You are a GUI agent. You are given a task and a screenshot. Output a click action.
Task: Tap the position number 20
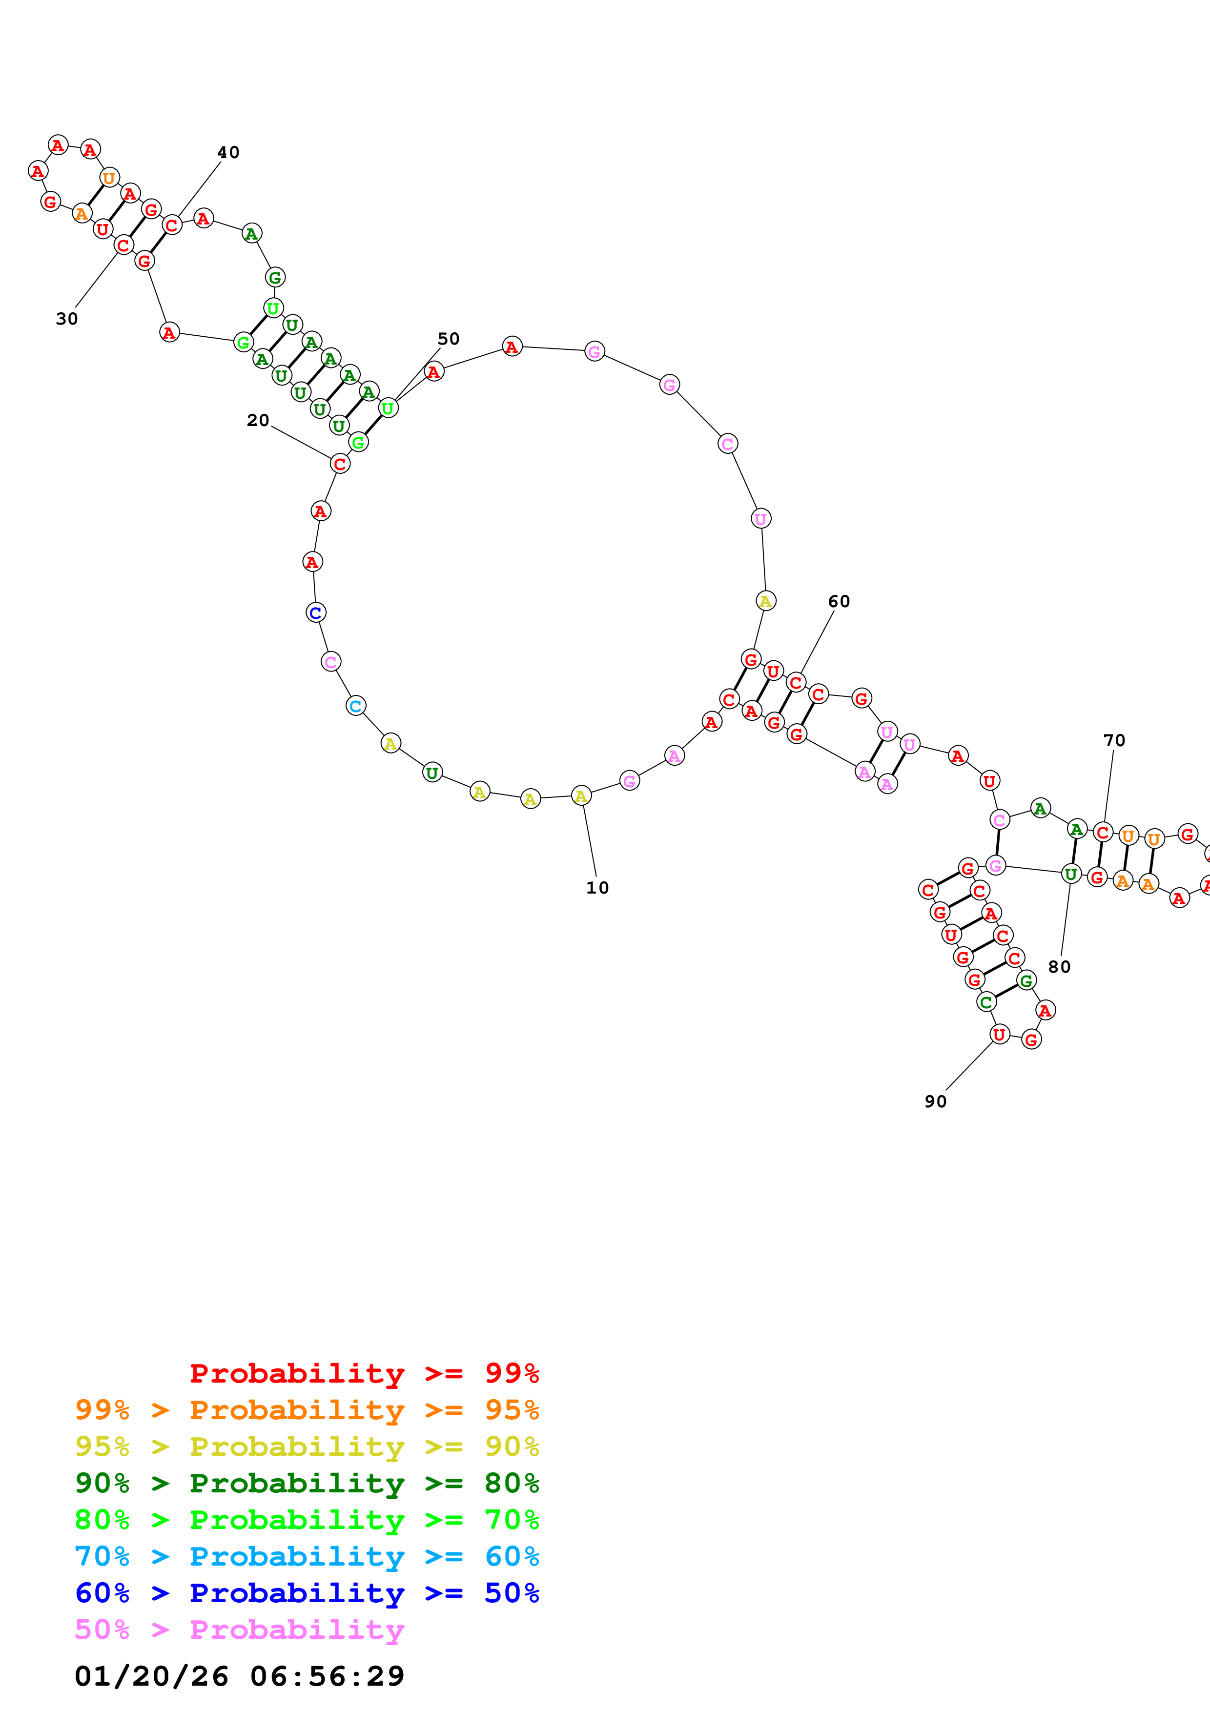pyautogui.click(x=258, y=421)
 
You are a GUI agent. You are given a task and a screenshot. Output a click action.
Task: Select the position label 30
pyautogui.click(x=67, y=319)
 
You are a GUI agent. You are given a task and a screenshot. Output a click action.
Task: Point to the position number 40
pyautogui.click(x=228, y=153)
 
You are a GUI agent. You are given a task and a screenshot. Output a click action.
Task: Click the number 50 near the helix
pyautogui.click(x=448, y=339)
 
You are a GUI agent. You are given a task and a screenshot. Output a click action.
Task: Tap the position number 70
pyautogui.click(x=1114, y=740)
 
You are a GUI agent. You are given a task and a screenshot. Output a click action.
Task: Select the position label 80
pyautogui.click(x=1059, y=967)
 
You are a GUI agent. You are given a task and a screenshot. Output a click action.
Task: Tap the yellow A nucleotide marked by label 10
pyautogui.click(x=581, y=796)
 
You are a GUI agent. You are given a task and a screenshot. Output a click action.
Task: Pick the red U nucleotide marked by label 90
pyautogui.click(x=999, y=1034)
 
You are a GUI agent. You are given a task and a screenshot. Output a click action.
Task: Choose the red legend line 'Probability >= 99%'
pyautogui.click(x=365, y=1373)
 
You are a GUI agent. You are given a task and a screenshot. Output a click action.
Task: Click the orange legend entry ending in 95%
pyautogui.click(x=307, y=1410)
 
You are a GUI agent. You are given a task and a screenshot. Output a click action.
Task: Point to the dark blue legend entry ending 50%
pyautogui.click(x=307, y=1593)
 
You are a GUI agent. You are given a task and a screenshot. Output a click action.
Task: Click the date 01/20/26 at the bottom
pyautogui.click(x=151, y=1676)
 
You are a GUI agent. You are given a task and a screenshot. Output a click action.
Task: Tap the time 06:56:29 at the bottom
pyautogui.click(x=328, y=1676)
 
